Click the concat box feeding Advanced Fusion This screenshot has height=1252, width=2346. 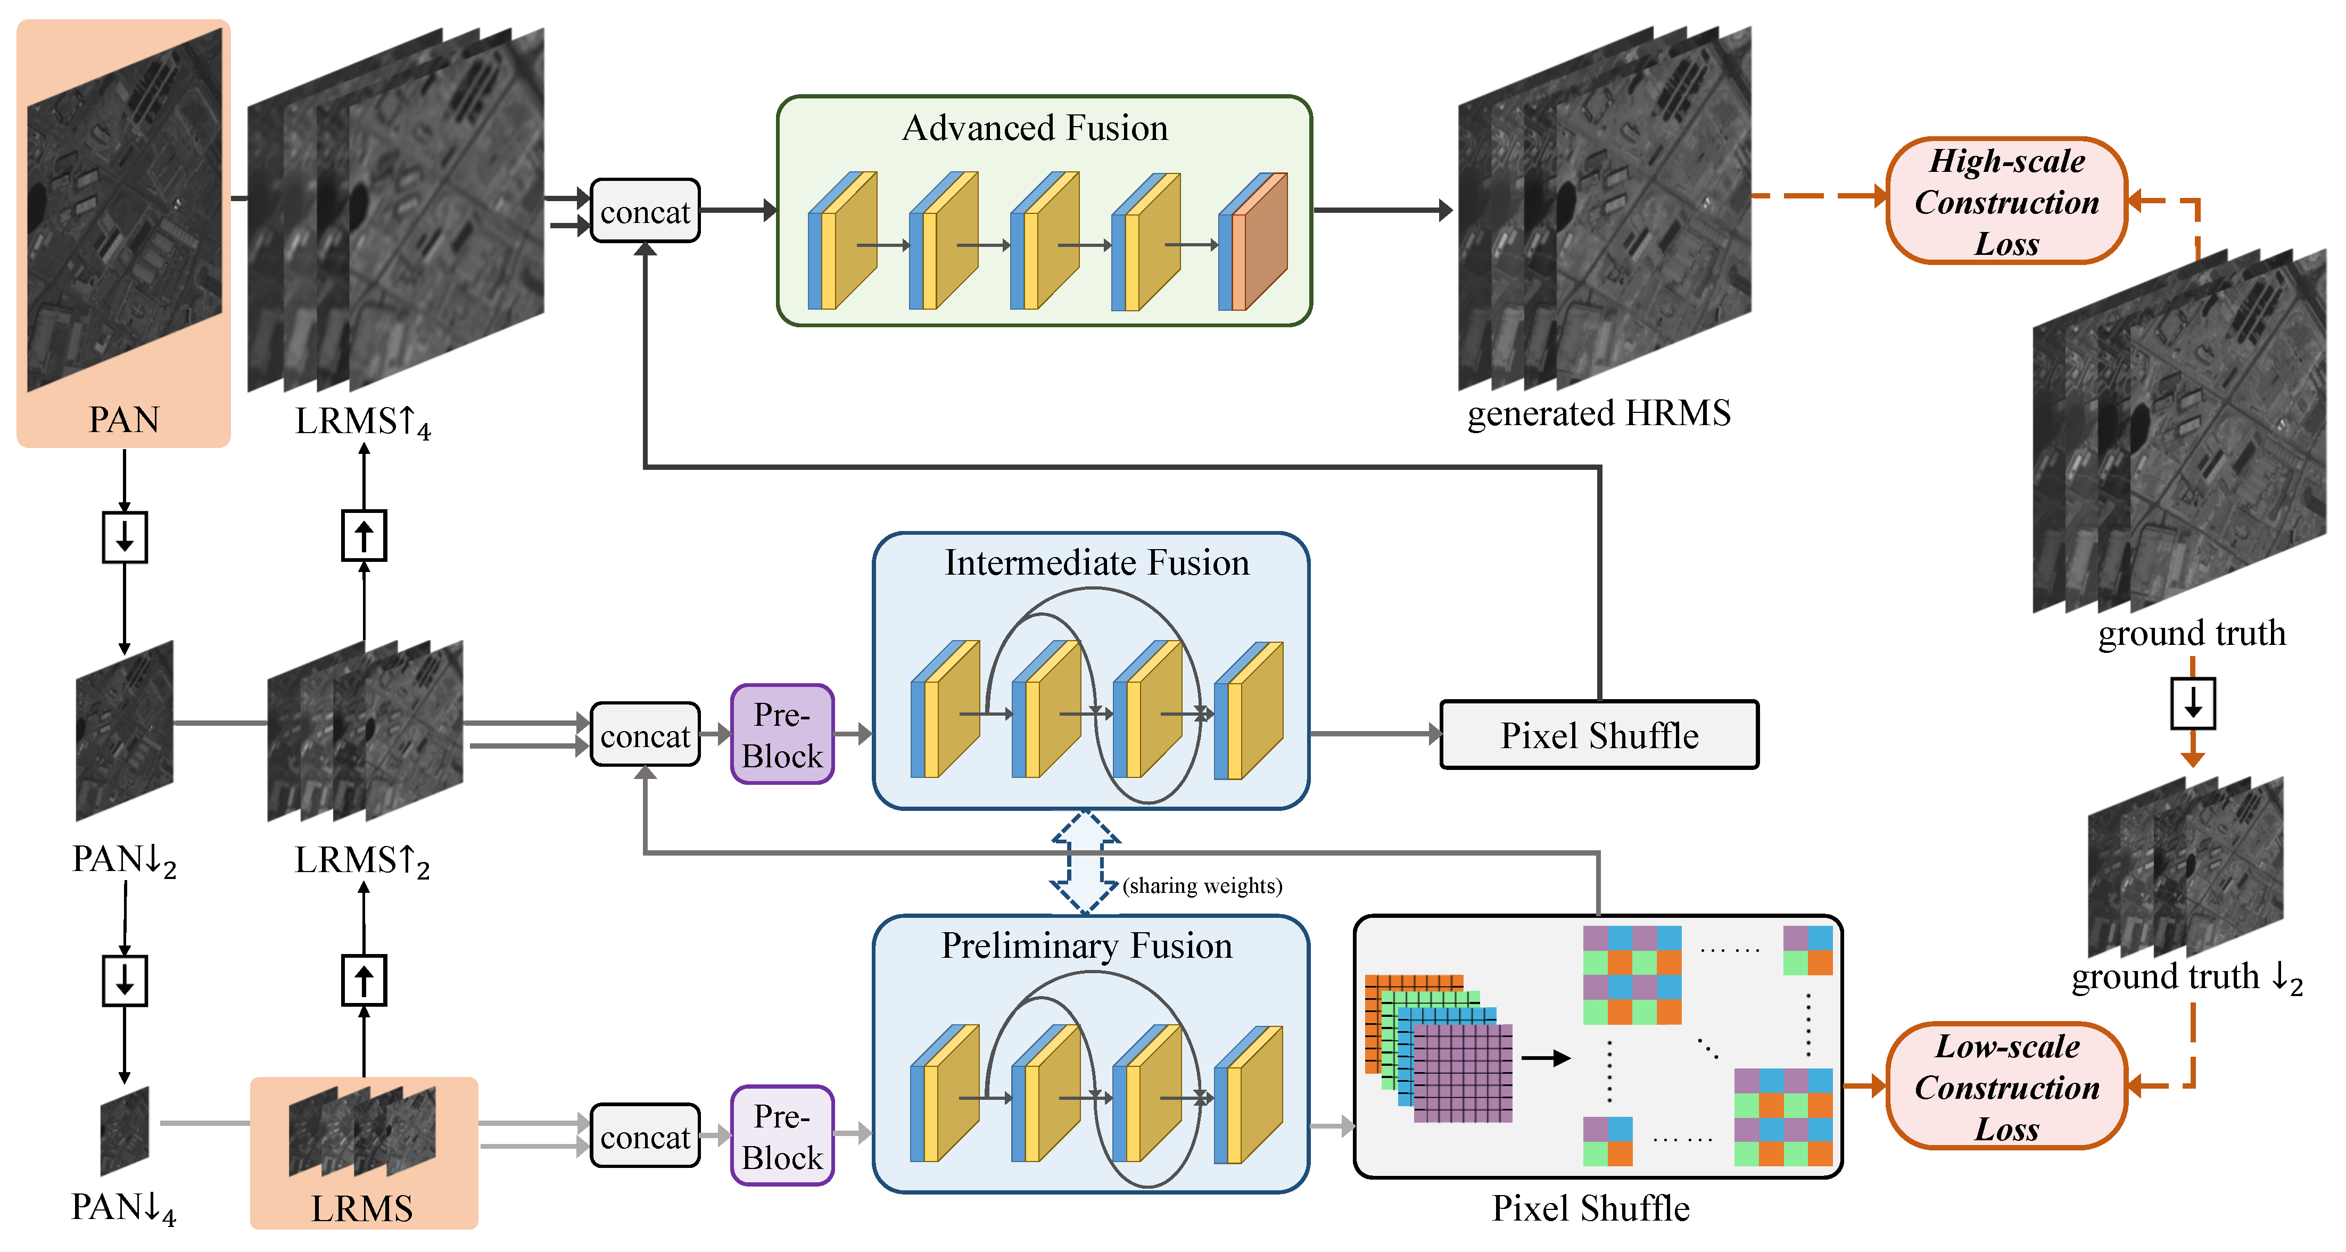point(645,211)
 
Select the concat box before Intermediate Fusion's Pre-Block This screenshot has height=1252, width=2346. point(645,735)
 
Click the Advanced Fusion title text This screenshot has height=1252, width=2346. point(1035,128)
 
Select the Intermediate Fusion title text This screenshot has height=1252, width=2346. point(1096,563)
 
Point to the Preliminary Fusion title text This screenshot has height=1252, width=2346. point(1086,946)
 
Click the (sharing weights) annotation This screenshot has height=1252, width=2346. point(1202,886)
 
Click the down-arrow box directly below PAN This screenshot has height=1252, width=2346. point(125,537)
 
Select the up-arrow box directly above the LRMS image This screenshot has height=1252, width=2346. point(364,981)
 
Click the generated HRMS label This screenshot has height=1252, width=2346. point(1598,413)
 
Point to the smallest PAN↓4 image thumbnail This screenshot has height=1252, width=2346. point(125,1131)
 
